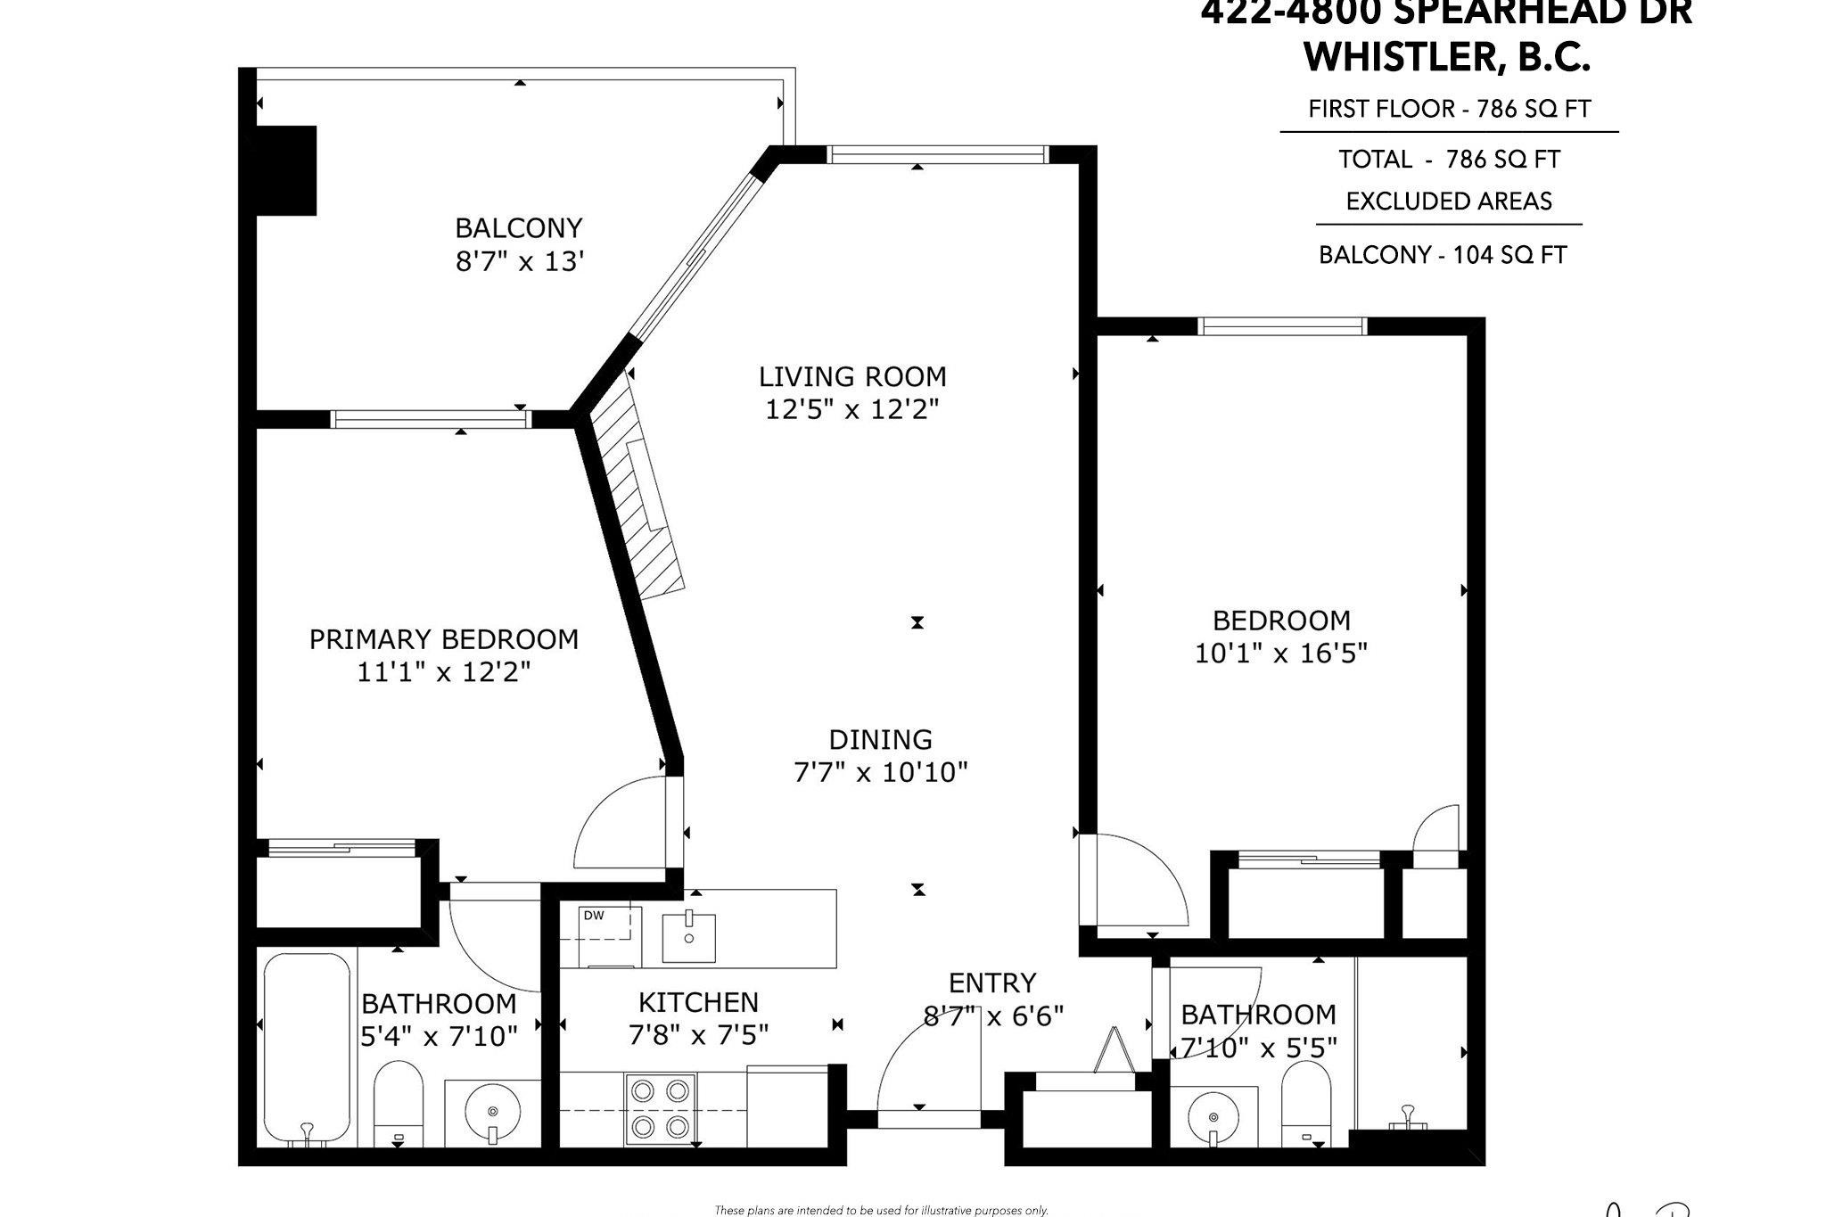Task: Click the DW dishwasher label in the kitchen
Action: [x=594, y=915]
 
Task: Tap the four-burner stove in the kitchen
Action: [x=660, y=1108]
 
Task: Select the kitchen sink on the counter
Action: [x=688, y=938]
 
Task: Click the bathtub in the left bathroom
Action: [x=307, y=1048]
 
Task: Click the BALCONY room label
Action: [x=518, y=228]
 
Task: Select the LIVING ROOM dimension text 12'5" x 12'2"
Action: [x=852, y=410]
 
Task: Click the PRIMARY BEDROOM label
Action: [x=443, y=639]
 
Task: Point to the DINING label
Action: [x=880, y=740]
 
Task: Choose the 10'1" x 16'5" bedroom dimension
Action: [x=1280, y=654]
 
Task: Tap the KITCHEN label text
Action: [x=698, y=1002]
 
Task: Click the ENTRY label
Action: [x=991, y=983]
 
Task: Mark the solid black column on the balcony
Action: [x=285, y=170]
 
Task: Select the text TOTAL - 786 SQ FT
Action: [x=1449, y=160]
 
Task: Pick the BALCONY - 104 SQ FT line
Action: [x=1442, y=255]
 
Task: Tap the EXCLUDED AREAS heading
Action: [x=1449, y=201]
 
